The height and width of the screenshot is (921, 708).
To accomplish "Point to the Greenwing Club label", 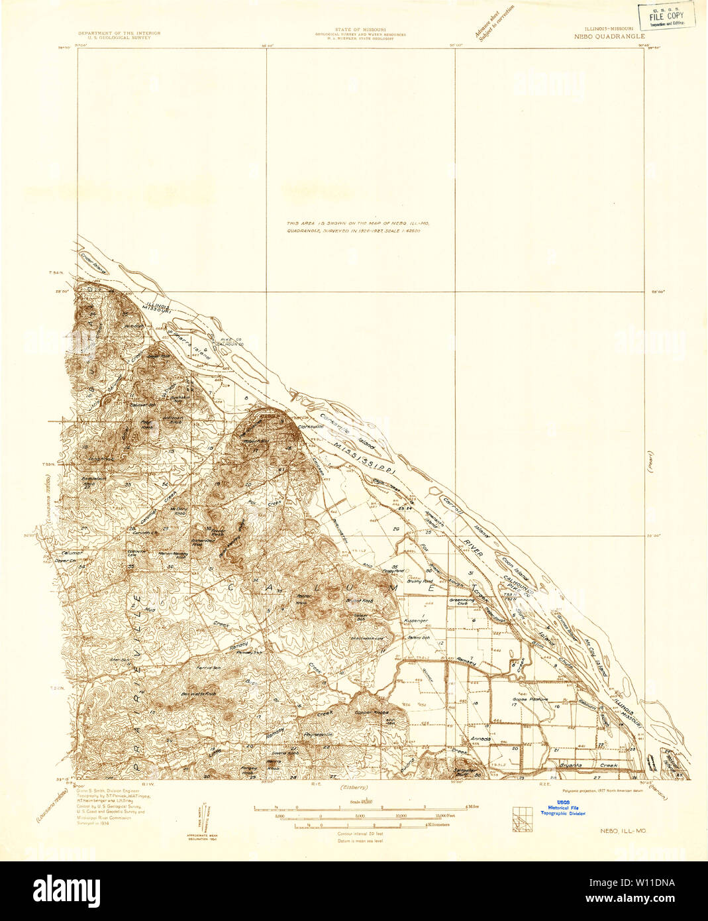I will tap(459, 602).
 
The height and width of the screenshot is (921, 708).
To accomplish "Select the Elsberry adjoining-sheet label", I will tap(353, 787).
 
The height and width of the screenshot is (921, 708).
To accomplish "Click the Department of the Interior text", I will tap(119, 35).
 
